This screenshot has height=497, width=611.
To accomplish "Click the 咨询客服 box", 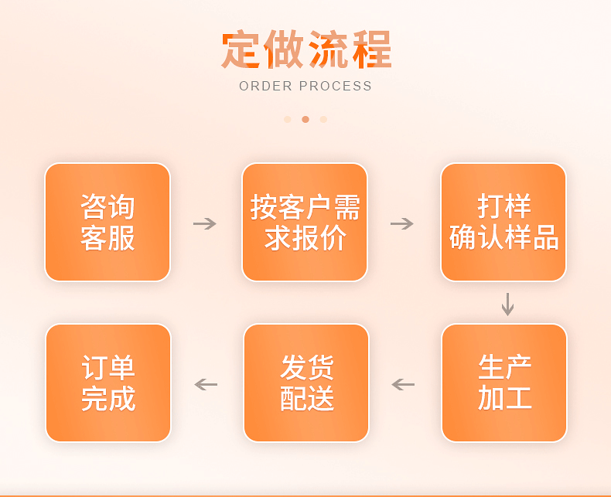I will pyautogui.click(x=108, y=223).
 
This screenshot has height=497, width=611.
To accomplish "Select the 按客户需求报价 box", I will pyautogui.click(x=305, y=223).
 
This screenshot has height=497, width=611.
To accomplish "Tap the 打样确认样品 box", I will pyautogui.click(x=503, y=223).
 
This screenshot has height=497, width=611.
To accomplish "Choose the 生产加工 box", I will pyautogui.click(x=504, y=383).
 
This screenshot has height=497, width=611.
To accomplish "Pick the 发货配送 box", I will pyautogui.click(x=306, y=383).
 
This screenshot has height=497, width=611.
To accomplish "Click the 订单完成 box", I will pyautogui.click(x=108, y=383).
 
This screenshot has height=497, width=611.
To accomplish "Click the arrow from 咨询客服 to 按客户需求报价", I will pyautogui.click(x=205, y=223).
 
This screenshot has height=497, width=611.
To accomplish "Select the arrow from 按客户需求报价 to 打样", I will pyautogui.click(x=402, y=223).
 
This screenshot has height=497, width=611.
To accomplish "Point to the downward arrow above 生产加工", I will pyautogui.click(x=507, y=304).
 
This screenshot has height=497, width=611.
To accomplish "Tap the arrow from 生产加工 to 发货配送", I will pyautogui.click(x=403, y=384).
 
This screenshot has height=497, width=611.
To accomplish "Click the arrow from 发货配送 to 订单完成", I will pyautogui.click(x=206, y=384).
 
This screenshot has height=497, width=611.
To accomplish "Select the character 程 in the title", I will pyautogui.click(x=371, y=50).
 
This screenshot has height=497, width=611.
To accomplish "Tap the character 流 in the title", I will pyautogui.click(x=328, y=50).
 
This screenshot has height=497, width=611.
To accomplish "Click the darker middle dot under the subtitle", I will pyautogui.click(x=305, y=119).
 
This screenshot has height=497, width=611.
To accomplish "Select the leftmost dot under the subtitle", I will pyautogui.click(x=288, y=119).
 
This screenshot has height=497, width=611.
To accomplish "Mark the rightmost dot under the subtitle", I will pyautogui.click(x=323, y=119).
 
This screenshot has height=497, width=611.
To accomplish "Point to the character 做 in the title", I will pyautogui.click(x=284, y=50).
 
